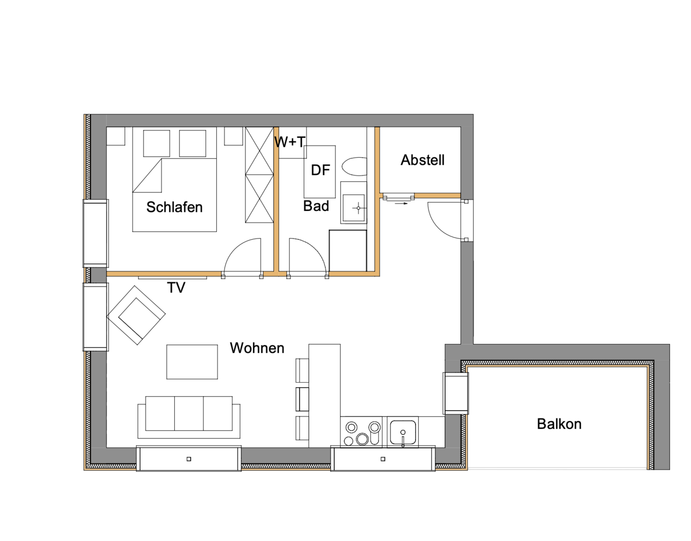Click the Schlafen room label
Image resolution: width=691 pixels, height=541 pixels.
click(174, 207)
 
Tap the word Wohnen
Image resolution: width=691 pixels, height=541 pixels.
click(257, 348)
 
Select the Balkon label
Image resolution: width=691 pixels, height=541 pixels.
click(559, 424)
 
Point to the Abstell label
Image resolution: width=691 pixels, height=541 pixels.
click(422, 160)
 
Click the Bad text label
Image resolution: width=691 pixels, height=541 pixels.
click(316, 206)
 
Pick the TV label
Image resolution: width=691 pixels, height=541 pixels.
click(176, 288)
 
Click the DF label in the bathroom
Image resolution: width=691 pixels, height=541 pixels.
click(320, 170)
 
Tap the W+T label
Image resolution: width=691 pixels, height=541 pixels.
click(289, 142)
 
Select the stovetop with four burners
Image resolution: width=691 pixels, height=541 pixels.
click(362, 432)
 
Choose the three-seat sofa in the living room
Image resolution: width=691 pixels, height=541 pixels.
click(189, 416)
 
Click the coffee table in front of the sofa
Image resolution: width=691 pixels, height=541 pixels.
click(192, 362)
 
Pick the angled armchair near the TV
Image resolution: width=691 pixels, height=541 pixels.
click(136, 315)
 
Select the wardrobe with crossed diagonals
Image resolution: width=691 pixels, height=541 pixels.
click(259, 175)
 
